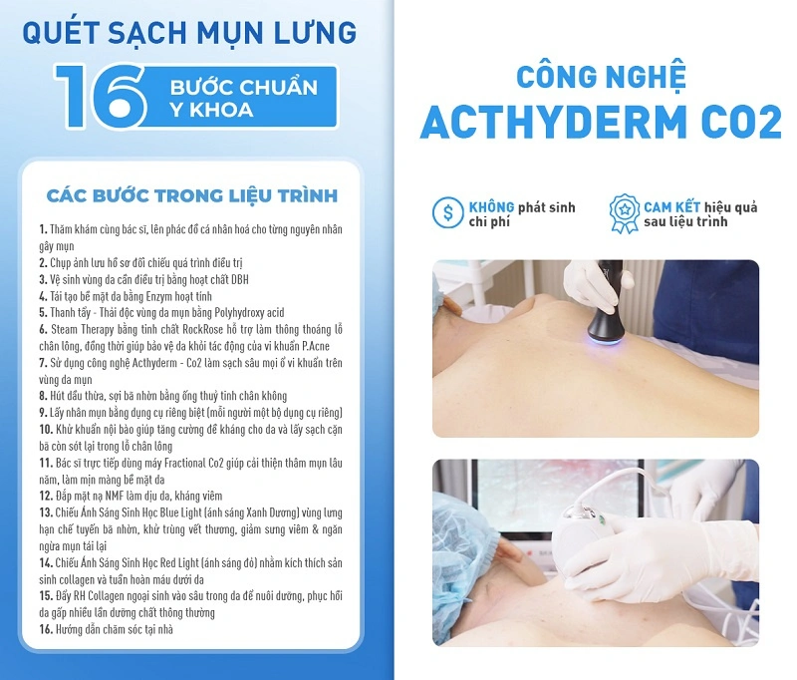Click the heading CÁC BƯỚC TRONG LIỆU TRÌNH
192,193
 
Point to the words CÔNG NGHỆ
601,79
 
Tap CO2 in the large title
739,122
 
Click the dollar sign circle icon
447,212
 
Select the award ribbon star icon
623,212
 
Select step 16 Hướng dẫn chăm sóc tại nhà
113,629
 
